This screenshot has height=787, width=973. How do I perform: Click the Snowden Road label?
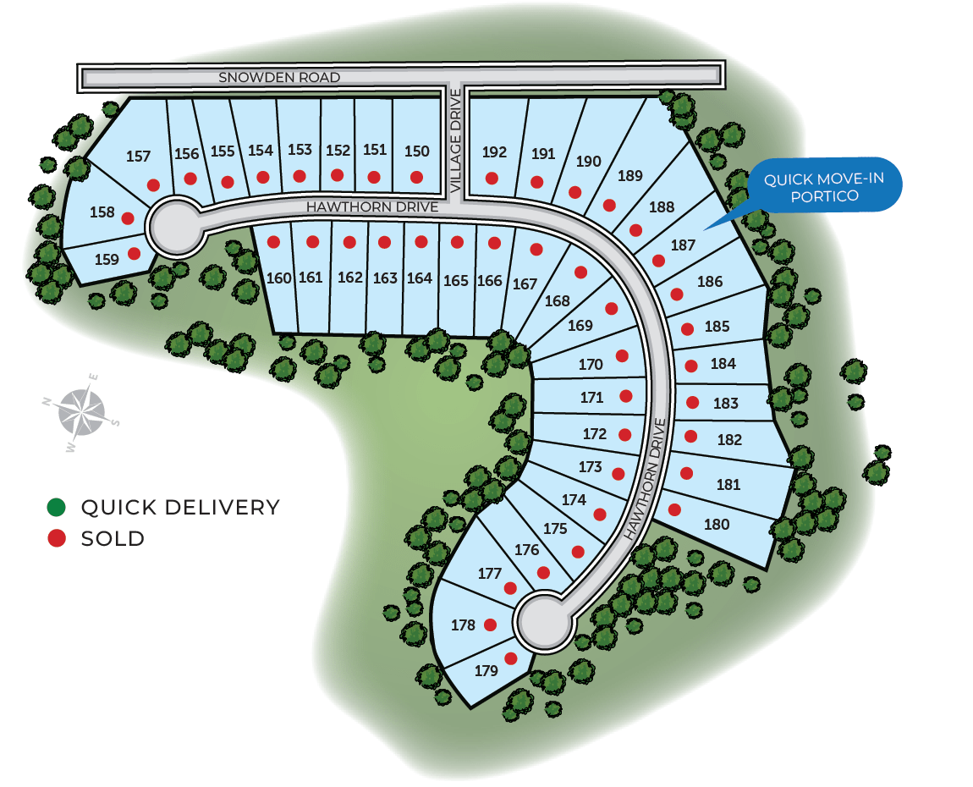[279, 78]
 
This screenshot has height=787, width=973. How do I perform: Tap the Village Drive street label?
[455, 140]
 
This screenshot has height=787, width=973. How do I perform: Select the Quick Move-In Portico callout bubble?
[824, 185]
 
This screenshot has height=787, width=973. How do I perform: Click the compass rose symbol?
[80, 412]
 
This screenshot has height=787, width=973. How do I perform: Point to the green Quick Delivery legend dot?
[57, 507]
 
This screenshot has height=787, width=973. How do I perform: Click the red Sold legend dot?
[57, 538]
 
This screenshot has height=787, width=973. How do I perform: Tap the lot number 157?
[138, 157]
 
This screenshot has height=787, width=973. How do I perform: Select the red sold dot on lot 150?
[416, 178]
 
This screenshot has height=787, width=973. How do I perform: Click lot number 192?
[494, 152]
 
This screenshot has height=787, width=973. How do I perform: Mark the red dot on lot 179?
[511, 658]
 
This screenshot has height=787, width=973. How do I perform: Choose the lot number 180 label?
[717, 525]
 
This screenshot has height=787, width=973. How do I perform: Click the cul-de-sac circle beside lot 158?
[176, 226]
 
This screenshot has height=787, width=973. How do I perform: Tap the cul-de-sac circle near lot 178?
[544, 622]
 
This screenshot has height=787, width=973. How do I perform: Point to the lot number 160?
[278, 278]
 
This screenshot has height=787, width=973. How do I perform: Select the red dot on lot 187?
[658, 261]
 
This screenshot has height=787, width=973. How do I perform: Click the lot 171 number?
[591, 397]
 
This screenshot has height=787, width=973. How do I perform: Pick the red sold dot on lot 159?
[134, 253]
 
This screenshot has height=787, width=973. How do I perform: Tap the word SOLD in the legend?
[113, 539]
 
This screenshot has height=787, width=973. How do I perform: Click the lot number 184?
[723, 364]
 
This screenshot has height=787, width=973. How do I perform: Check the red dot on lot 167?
[536, 250]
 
